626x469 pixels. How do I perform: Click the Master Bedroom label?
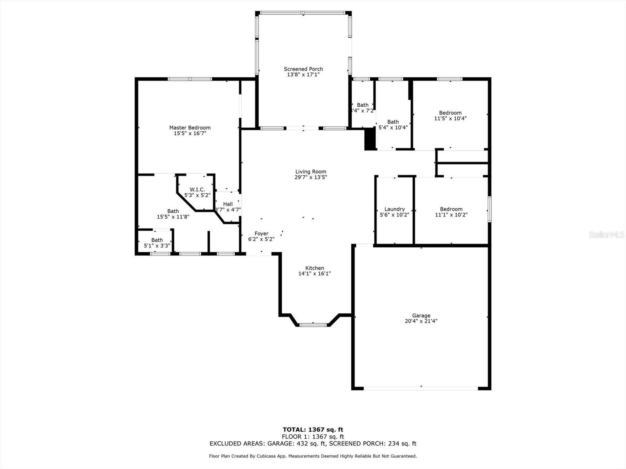[190, 127]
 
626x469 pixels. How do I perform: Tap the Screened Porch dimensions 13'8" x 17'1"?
[303, 74]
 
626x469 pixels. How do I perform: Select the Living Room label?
[311, 172]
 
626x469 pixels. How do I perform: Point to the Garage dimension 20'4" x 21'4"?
[421, 321]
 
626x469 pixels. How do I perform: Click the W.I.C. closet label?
[197, 190]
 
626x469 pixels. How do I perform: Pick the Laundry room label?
[394, 209]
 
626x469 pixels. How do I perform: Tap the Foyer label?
[261, 234]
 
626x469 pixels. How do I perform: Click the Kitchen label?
[315, 268]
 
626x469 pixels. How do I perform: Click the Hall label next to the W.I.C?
[228, 204]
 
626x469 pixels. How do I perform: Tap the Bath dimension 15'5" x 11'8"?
[173, 217]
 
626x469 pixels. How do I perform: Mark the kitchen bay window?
[313, 324]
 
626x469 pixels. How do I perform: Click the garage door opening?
[421, 388]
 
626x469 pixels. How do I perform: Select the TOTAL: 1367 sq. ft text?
[313, 430]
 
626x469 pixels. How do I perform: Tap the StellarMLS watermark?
[606, 234]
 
